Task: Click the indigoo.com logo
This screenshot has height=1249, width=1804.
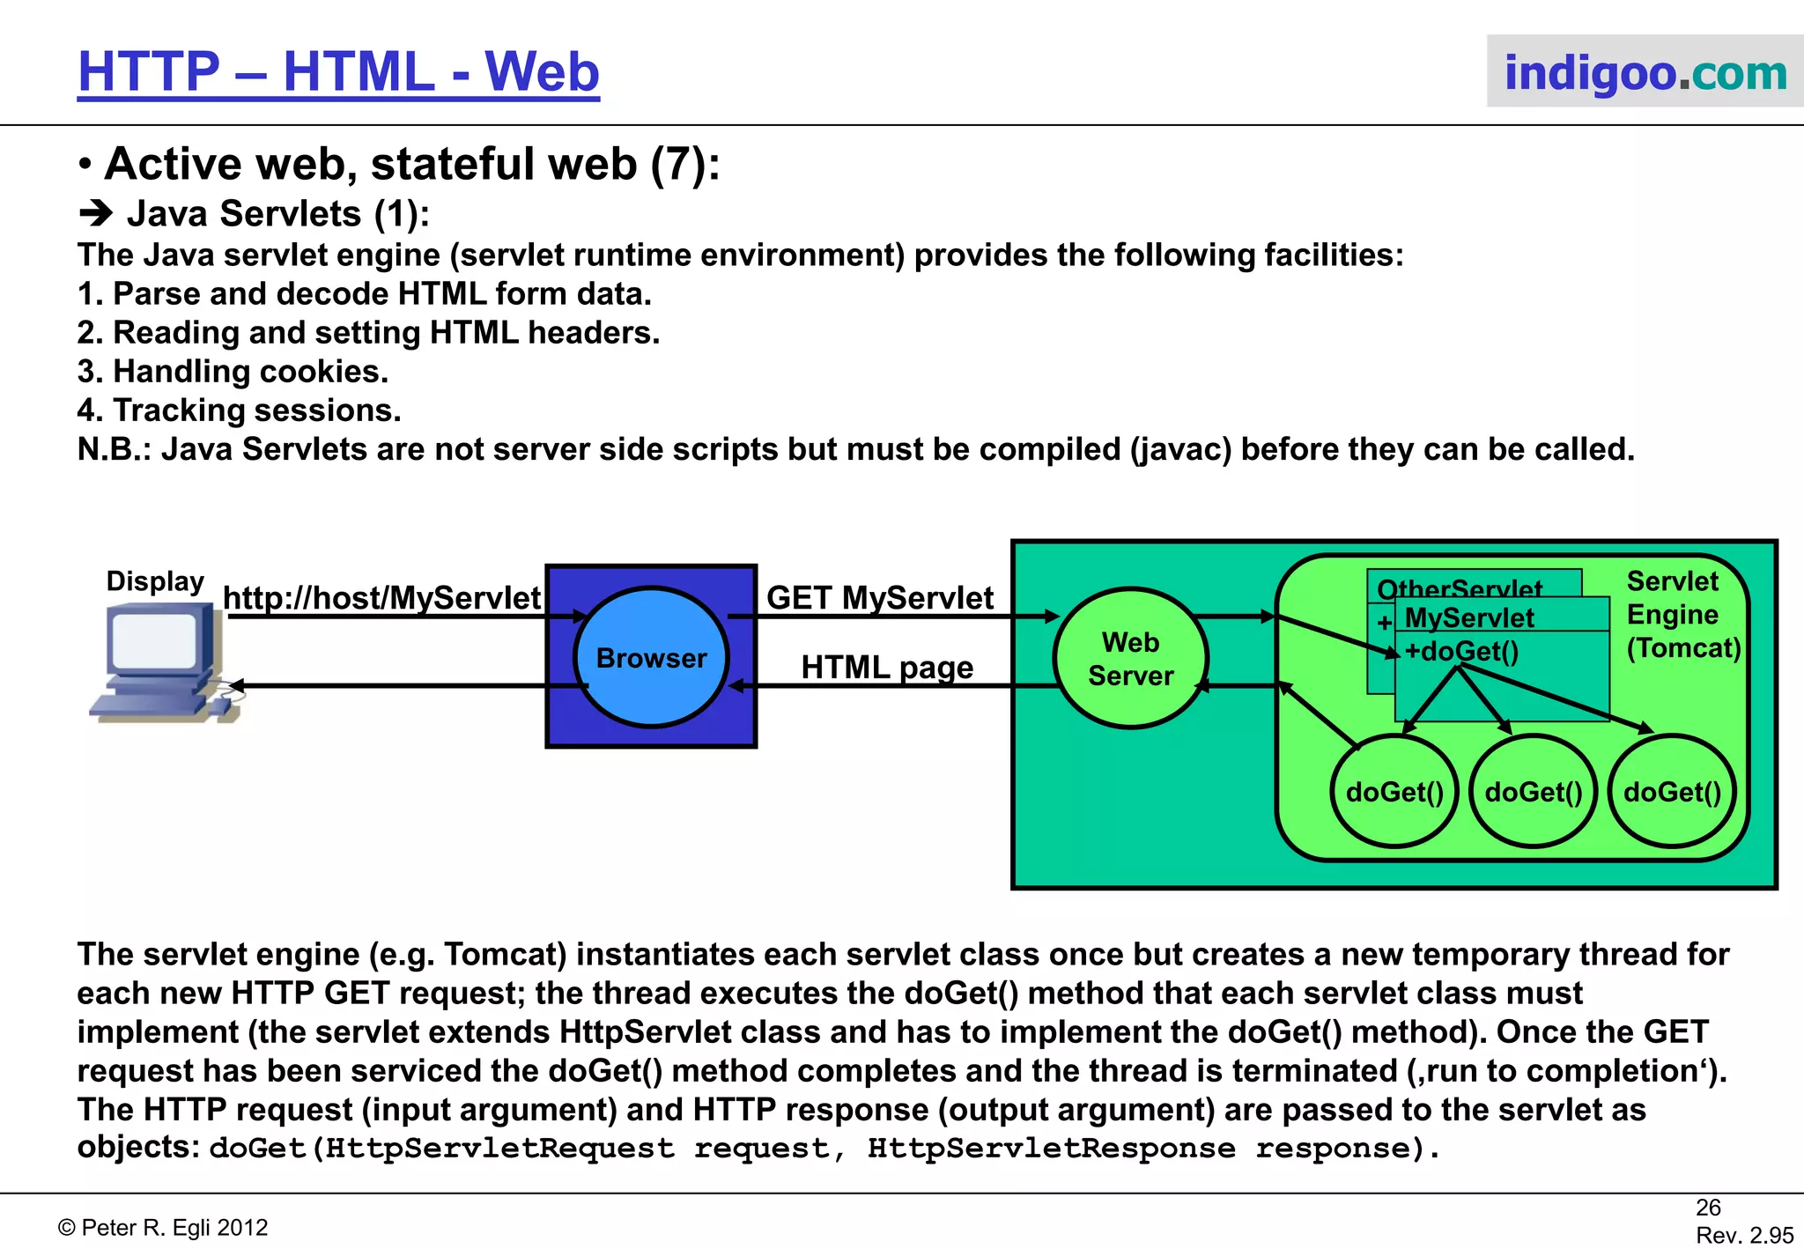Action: [1645, 72]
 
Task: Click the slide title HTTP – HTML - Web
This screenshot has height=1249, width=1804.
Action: [338, 71]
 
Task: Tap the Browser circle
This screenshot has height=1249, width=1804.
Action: [651, 658]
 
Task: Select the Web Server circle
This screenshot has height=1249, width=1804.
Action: [1130, 659]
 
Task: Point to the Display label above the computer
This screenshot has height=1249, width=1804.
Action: [155, 581]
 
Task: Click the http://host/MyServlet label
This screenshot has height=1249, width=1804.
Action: [381, 598]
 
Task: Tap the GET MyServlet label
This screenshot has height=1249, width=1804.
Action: [879, 598]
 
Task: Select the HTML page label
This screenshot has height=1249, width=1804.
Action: [886, 668]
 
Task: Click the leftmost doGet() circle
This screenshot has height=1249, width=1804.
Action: [1394, 792]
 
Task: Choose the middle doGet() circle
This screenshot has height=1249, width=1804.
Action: [1533, 792]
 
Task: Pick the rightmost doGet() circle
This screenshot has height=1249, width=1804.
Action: [1671, 792]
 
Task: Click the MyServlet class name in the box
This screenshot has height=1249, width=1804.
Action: [1469, 618]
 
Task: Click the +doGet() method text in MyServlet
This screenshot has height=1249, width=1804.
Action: [1461, 652]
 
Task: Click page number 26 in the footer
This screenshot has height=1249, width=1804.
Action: [1708, 1208]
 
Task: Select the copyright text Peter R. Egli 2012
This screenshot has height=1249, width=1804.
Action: [163, 1228]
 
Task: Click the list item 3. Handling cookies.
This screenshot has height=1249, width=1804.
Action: [233, 372]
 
